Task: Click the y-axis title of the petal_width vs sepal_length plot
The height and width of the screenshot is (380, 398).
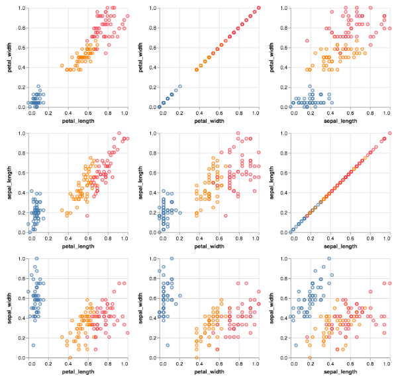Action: click(275, 57)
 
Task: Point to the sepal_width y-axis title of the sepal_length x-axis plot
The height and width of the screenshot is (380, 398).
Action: click(275, 308)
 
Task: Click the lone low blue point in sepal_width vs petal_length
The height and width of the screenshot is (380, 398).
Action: click(32, 345)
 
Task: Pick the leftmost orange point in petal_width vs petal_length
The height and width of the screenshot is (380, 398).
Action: click(62, 65)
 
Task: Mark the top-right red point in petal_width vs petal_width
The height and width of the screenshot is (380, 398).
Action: click(258, 8)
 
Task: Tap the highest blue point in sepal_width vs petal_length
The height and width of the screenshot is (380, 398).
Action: click(36, 258)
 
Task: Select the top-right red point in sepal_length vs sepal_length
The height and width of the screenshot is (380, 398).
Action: click(390, 133)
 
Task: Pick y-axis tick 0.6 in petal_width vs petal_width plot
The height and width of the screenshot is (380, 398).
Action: click(154, 48)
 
